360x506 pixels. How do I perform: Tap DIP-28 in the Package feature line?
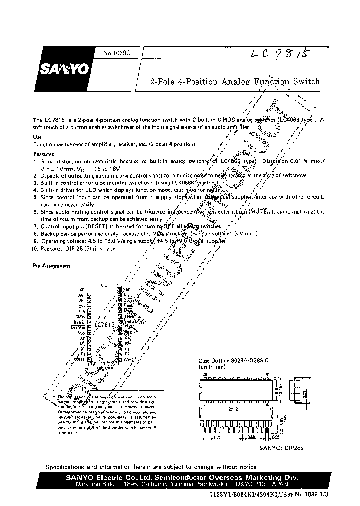pos(73,248)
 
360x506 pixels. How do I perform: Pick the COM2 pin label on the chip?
pos(129,359)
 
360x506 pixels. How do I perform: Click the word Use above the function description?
pos(37,137)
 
